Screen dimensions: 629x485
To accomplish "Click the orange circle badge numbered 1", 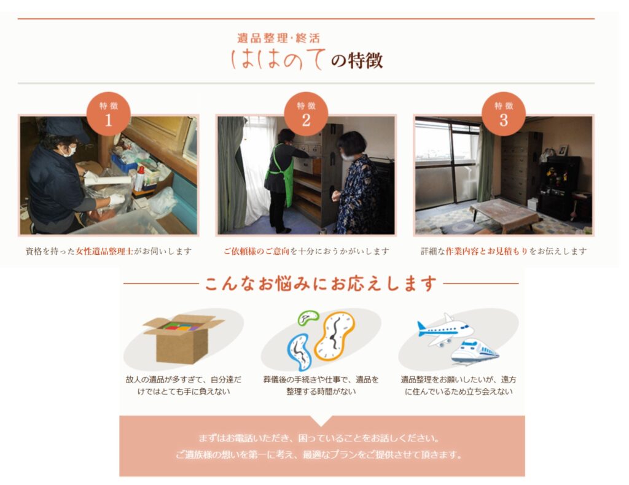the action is [x=108, y=114].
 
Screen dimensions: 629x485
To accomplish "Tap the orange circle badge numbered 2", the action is [x=306, y=114].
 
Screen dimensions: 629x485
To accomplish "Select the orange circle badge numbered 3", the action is [x=504, y=114].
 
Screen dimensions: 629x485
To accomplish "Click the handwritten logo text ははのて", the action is [x=278, y=60].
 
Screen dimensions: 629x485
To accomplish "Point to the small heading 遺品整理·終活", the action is [x=278, y=39].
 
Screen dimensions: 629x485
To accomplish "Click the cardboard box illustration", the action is [x=183, y=339].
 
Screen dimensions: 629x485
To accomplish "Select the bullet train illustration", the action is [x=475, y=352].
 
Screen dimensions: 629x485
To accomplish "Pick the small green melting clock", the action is [x=308, y=317].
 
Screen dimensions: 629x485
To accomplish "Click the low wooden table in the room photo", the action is [x=505, y=214].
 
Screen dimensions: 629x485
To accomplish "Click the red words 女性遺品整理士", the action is [x=104, y=251].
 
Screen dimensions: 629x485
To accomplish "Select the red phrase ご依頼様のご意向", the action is [x=256, y=251].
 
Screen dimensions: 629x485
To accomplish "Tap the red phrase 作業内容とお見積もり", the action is [x=486, y=251].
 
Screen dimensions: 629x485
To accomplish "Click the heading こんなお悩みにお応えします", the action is [x=321, y=283].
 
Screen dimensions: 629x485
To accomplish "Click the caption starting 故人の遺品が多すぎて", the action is [x=184, y=385].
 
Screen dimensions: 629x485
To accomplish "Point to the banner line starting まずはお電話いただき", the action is [x=319, y=438].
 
